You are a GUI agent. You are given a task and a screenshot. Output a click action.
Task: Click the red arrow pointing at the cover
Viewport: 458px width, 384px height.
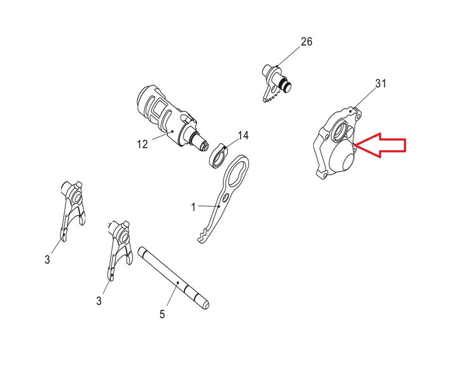[380, 145]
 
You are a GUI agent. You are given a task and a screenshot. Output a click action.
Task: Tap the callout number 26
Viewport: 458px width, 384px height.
[306, 42]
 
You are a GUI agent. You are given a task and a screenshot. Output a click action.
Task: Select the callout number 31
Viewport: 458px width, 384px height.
[381, 84]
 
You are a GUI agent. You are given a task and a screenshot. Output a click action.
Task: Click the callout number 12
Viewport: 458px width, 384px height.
[142, 144]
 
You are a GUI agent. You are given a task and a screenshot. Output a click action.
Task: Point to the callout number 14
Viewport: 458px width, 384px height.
[243, 135]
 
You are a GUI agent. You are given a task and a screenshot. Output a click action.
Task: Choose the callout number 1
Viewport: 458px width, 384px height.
[193, 207]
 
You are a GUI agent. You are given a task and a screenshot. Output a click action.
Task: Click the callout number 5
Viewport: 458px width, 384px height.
[162, 314]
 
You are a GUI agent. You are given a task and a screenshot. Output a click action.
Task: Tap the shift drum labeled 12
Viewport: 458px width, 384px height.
[172, 118]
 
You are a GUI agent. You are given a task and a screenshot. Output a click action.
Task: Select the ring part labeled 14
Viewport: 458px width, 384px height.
[219, 156]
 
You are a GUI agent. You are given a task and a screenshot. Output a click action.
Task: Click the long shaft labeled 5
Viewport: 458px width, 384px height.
[173, 278]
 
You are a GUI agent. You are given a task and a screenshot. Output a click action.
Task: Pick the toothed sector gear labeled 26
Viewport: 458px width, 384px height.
[276, 83]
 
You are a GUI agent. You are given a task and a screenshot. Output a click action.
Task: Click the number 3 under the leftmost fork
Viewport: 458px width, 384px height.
[47, 260]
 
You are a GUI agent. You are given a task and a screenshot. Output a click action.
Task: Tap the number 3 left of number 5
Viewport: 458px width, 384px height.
[99, 301]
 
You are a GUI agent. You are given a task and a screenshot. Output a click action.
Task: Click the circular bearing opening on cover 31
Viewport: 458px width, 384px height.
[340, 130]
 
